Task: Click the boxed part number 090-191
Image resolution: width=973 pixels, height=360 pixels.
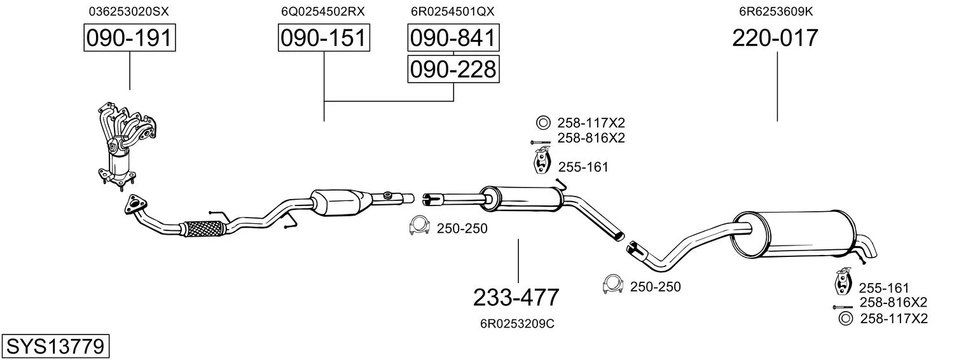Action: [x=130, y=38]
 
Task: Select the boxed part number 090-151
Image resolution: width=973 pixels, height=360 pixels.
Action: [x=324, y=38]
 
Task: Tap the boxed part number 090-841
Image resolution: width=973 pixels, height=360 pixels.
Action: [x=453, y=38]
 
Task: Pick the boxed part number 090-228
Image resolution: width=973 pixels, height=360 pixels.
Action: [x=453, y=69]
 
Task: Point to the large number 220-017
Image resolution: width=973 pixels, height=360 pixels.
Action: [x=775, y=38]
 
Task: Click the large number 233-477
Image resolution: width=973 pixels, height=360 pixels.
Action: [x=516, y=298]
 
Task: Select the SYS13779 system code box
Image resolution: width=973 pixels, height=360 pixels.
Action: [x=55, y=347]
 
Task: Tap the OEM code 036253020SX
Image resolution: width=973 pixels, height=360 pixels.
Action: [x=128, y=11]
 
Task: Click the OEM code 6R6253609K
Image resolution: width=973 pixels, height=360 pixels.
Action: [x=776, y=11]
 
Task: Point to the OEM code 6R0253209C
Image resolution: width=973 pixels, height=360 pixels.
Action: [x=517, y=324]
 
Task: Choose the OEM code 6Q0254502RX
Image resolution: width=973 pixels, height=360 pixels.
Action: [x=322, y=11]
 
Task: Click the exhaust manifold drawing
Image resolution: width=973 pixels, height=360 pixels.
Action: [x=125, y=146]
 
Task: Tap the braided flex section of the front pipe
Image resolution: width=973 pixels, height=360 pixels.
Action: [x=204, y=228]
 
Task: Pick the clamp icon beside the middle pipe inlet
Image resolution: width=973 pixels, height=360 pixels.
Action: [x=420, y=225]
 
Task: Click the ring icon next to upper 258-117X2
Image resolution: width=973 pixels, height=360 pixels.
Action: [x=542, y=123]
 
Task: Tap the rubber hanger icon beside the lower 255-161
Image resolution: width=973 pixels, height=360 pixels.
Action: [x=843, y=281]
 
